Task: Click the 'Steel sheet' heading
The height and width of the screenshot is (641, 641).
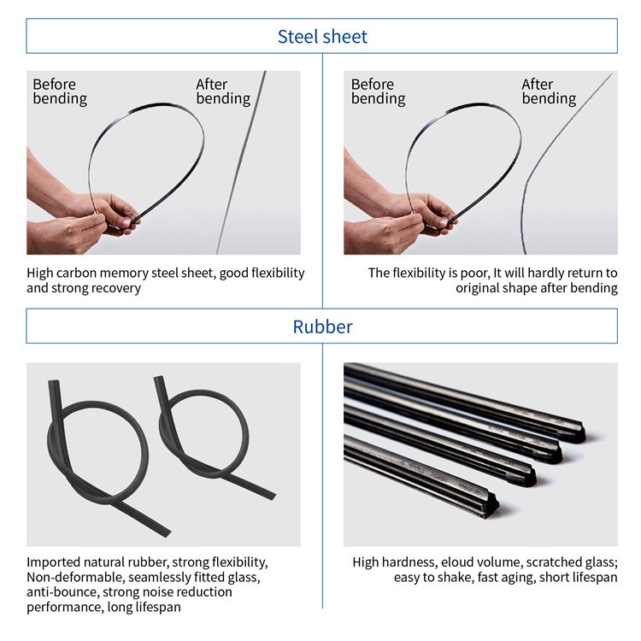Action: [x=322, y=37]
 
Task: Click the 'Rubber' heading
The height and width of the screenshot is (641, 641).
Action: [x=322, y=326]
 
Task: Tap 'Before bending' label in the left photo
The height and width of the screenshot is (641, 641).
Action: [x=60, y=91]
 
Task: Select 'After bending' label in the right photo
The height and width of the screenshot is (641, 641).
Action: [x=549, y=91]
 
